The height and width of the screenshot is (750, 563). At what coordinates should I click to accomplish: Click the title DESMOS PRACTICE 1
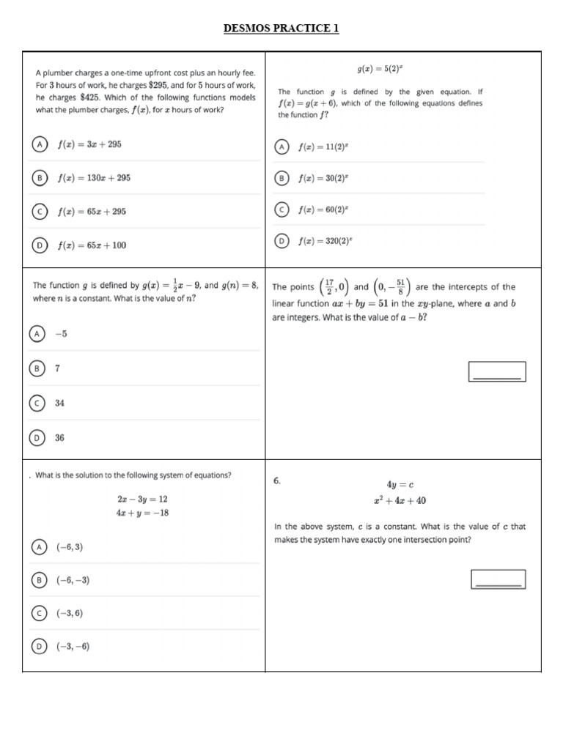tap(281, 29)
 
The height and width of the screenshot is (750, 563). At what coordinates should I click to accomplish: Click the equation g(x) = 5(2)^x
tap(380, 70)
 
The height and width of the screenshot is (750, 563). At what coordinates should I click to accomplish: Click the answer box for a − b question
tap(497, 371)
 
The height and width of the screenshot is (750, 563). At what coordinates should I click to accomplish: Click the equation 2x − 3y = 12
tap(142, 499)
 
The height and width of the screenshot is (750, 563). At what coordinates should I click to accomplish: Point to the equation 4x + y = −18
tap(142, 513)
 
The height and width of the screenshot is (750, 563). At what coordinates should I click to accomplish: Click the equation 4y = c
tap(400, 485)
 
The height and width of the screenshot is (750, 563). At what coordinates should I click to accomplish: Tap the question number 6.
tap(277, 481)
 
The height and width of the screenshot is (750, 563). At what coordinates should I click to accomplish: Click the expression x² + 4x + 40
tap(400, 501)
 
